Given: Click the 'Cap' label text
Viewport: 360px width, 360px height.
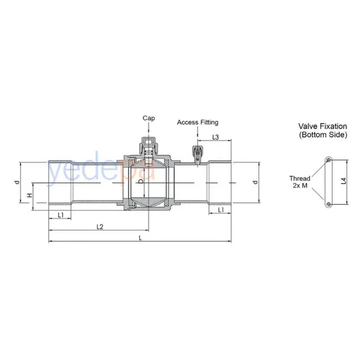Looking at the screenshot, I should pos(149,118).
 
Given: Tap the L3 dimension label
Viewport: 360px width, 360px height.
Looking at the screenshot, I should pos(215,137).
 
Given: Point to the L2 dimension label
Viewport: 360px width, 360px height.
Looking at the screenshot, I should pos(99,226).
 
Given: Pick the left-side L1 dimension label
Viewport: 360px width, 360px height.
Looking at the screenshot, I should pos(60,214).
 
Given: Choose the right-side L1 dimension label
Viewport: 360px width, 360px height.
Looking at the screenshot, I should pos(221,210).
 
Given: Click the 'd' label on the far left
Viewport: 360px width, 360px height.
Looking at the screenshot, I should pos(17,183).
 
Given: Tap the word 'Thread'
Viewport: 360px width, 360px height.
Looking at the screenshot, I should pos(300,177).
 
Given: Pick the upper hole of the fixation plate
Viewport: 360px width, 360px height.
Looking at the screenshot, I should pos(327,159).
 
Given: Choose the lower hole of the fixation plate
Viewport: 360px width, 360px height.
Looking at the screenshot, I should pos(327,204).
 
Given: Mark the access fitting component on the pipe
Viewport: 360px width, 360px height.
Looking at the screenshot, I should pos(195,154).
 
